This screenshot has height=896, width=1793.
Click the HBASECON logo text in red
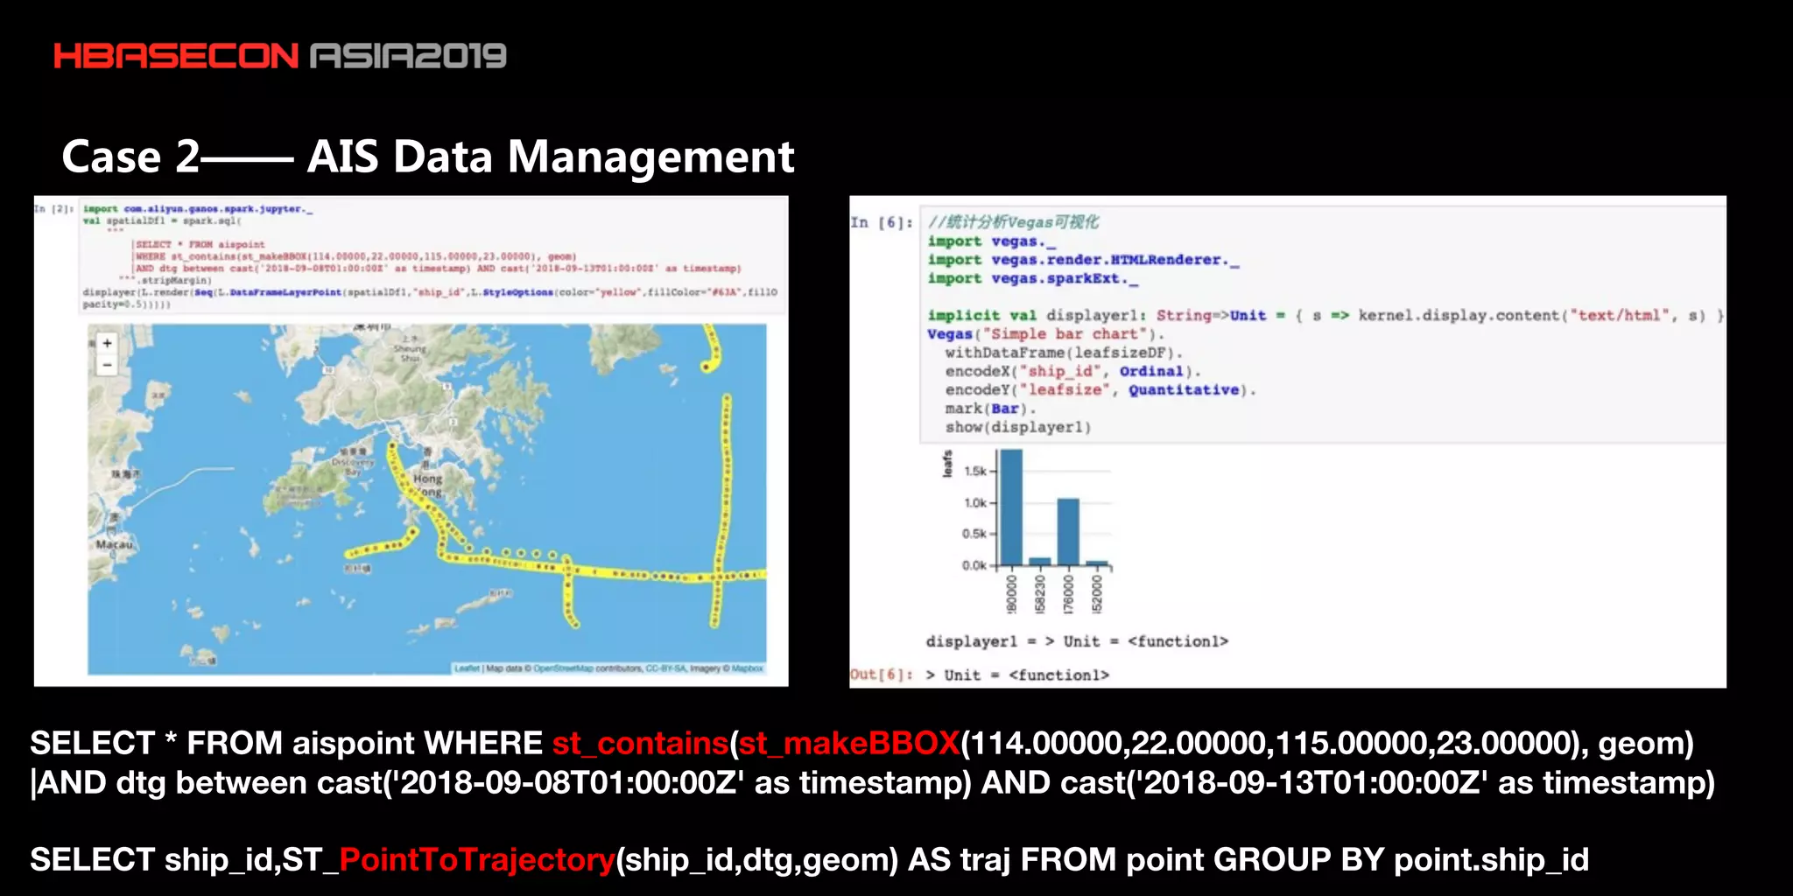(x=176, y=57)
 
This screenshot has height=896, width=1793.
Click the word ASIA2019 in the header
(x=408, y=57)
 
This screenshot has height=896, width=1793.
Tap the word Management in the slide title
(x=650, y=157)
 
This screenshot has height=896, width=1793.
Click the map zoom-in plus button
(x=107, y=344)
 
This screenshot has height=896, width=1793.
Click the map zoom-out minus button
(x=107, y=365)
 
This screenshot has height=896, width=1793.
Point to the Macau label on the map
(x=115, y=544)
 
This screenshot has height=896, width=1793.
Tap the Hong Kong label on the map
(x=428, y=485)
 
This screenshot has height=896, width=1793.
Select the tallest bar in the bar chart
(x=1011, y=507)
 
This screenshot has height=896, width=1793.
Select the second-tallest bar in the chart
(x=1068, y=532)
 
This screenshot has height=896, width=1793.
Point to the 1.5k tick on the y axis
(x=974, y=472)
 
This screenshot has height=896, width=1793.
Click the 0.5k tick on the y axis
(x=974, y=534)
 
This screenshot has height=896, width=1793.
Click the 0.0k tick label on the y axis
(x=974, y=565)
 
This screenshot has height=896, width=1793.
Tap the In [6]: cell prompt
(x=881, y=223)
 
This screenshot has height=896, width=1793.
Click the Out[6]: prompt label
(x=881, y=675)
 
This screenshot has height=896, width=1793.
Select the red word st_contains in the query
(x=640, y=744)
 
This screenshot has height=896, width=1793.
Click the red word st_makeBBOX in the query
(x=848, y=744)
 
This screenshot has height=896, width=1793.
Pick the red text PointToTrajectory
(x=477, y=860)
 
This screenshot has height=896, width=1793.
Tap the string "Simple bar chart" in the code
(x=1065, y=334)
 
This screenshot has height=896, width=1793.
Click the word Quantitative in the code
(x=1183, y=390)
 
